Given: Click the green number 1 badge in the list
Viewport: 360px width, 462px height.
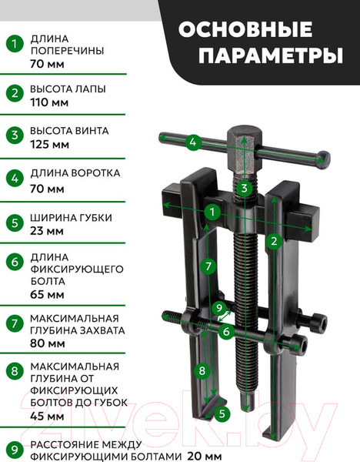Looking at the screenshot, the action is tap(15, 44).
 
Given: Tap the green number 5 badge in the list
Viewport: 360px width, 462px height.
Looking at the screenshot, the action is tap(15, 223).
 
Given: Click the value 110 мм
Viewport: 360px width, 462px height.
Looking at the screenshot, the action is tap(49, 102).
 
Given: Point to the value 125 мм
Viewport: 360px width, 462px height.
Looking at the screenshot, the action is tap(49, 145).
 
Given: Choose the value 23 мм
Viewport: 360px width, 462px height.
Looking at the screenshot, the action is tap(46, 231).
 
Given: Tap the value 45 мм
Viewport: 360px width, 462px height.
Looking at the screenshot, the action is tap(47, 416).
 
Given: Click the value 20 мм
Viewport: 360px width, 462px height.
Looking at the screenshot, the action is tap(205, 456).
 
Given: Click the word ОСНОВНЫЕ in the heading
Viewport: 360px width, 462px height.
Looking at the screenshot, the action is tap(245, 29).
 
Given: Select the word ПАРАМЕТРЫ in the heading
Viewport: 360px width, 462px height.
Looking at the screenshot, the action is tap(271, 55).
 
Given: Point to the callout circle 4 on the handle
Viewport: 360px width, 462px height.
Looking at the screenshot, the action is tap(193, 142).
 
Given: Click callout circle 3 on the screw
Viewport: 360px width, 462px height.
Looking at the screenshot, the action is tap(244, 188).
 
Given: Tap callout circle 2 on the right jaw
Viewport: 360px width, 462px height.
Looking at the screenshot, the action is tap(274, 241).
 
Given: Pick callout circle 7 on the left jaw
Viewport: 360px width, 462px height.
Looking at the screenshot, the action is tap(208, 266).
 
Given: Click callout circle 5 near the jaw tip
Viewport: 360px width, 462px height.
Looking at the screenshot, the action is tap(222, 413).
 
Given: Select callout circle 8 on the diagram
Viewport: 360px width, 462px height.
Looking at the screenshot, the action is tap(202, 370).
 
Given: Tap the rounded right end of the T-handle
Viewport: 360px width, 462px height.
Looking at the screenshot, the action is tap(323, 159).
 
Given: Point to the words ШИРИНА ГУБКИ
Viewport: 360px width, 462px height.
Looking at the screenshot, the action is tap(71, 218).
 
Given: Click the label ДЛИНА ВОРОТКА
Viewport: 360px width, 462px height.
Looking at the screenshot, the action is tap(75, 173).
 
